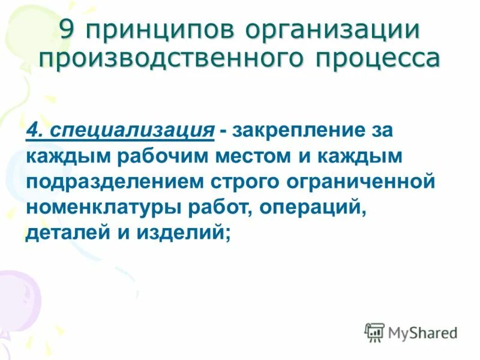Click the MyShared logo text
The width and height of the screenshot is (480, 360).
pos(422,332)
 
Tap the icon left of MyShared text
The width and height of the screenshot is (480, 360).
pos(374,332)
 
